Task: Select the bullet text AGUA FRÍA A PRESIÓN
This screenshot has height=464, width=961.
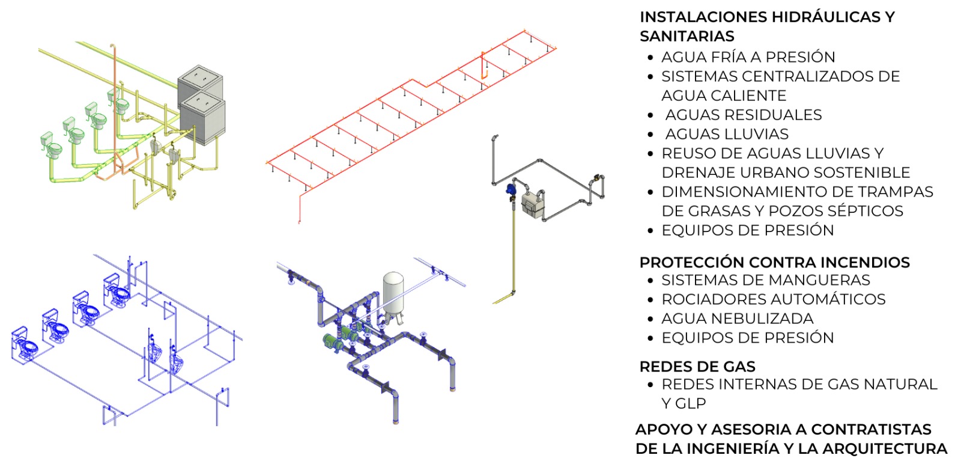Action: pos(748,57)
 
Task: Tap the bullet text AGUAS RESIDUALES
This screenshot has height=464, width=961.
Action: pos(743,115)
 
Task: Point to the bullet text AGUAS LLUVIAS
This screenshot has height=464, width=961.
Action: pos(726,134)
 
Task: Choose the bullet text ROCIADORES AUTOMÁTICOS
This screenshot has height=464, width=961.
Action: pos(773,299)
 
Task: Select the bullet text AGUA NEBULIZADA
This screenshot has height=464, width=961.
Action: pos(737,319)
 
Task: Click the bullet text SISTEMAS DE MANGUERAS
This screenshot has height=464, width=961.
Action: pos(765,280)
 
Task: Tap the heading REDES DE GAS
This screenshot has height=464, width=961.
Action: pos(697,367)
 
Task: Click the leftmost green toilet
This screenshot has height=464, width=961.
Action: pos(50,146)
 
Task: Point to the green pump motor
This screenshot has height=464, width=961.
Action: pos(331,341)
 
